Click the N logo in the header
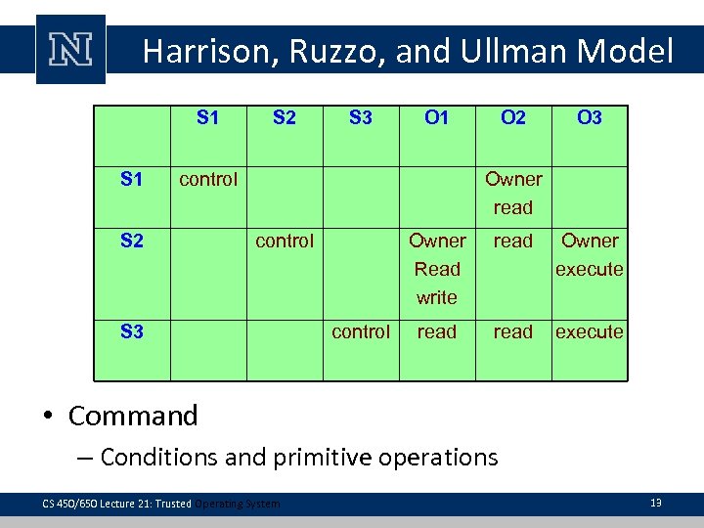pyautogui.click(x=70, y=49)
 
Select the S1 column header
pyautogui.click(x=208, y=118)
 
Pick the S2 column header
pyautogui.click(x=285, y=118)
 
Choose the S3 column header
pyautogui.click(x=361, y=118)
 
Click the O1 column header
pyautogui.click(x=437, y=118)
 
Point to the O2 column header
pyautogui.click(x=513, y=118)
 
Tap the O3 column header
pyautogui.click(x=590, y=118)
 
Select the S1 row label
pyautogui.click(x=132, y=179)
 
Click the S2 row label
pyautogui.click(x=132, y=241)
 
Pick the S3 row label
pyautogui.click(x=132, y=331)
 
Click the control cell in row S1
pyautogui.click(x=208, y=179)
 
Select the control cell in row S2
pyautogui.click(x=285, y=241)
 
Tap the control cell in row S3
pyautogui.click(x=361, y=331)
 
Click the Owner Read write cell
pyautogui.click(x=437, y=269)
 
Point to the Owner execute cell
pyautogui.click(x=590, y=254)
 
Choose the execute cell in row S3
pyautogui.click(x=590, y=331)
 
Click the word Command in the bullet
pyautogui.click(x=133, y=416)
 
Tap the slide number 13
pyautogui.click(x=656, y=503)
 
